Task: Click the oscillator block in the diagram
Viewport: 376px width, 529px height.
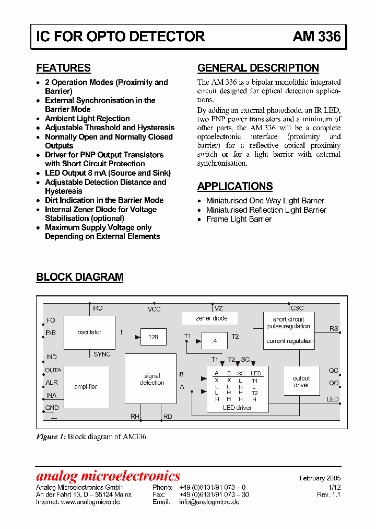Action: pos(89,332)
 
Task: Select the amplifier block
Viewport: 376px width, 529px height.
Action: pos(86,387)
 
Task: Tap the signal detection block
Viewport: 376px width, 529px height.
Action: pos(151,379)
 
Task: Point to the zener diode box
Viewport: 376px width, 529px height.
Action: pos(211,318)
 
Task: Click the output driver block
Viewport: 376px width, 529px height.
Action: pos(301,382)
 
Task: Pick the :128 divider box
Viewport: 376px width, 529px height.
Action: pos(152,338)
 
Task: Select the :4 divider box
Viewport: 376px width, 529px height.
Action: pos(214,341)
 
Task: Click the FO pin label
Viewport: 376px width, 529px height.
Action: pos(51,320)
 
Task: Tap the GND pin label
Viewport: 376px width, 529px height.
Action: pos(52,408)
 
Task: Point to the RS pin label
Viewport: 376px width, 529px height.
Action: pos(334,329)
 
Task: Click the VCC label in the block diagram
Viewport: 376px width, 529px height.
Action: pos(154,309)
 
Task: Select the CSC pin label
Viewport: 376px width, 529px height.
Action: pos(297,308)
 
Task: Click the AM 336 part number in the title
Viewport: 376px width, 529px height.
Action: pos(316,36)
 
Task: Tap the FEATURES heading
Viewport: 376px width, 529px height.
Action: pos(63,68)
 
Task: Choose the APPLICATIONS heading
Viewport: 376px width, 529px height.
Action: pos(235,186)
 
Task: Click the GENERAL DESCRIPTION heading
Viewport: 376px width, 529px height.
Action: pos(258,68)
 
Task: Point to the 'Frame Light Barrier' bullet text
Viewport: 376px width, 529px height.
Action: pos(239,219)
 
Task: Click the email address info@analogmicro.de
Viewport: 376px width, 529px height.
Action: pos(209,502)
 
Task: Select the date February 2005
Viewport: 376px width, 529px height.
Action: pos(320,478)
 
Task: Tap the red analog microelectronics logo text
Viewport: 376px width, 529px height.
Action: pos(108,476)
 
